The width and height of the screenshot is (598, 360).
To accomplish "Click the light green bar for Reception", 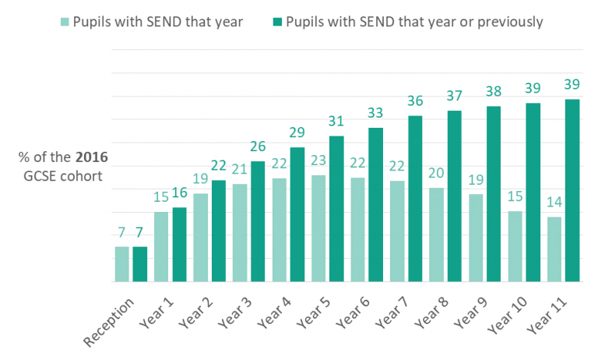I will click(122, 264).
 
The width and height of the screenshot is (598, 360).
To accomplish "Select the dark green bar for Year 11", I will click(573, 190).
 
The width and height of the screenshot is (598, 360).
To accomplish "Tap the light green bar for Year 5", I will click(318, 228).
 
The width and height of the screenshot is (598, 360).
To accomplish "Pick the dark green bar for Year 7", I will click(416, 199).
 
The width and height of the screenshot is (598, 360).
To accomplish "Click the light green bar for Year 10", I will click(515, 246).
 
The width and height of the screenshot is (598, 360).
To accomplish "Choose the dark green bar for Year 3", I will click(259, 221).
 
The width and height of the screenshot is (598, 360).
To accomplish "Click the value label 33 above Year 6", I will click(377, 114).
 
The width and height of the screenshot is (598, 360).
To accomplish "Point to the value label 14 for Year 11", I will click(554, 203).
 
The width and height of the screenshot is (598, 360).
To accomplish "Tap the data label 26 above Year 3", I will click(259, 147).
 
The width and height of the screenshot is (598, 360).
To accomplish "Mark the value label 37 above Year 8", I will click(456, 97).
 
